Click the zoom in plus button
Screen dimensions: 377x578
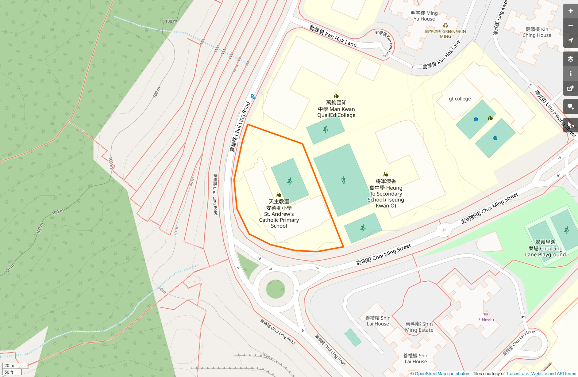coord(570,11)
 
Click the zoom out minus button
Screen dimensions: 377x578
coord(570,26)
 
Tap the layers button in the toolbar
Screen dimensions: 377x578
coord(570,59)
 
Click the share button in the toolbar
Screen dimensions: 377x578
coord(570,89)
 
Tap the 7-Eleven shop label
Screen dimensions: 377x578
coord(486,319)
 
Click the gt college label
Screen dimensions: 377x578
coord(460,99)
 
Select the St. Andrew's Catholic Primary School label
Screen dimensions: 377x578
coord(279,214)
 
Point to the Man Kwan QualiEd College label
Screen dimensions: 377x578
coord(336,109)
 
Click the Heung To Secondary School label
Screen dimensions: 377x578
coord(386,193)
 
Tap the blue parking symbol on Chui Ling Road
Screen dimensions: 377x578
coord(252,97)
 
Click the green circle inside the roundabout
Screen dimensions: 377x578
coord(276,289)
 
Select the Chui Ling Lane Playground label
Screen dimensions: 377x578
coord(545,248)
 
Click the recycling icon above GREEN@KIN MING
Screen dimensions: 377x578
coord(445,25)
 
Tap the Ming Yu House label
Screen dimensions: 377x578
coord(424,16)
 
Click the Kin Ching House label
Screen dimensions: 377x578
coord(537,32)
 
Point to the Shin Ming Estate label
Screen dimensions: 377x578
coord(419,327)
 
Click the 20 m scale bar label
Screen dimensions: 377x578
coord(10,365)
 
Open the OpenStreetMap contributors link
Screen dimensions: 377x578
coord(442,374)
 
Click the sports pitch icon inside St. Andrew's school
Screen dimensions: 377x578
coord(290,181)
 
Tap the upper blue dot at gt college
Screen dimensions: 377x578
coord(476,120)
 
